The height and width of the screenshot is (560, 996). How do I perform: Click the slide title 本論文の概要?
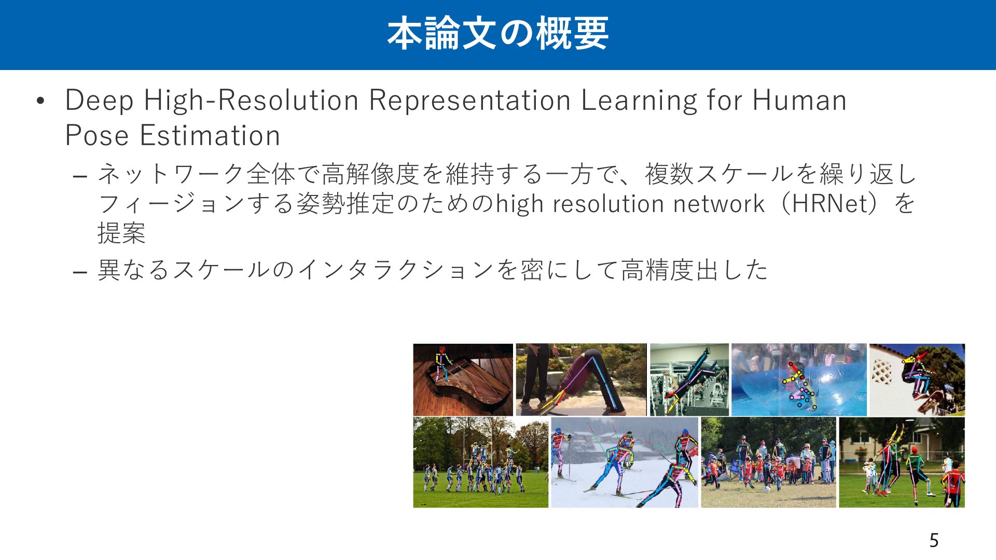coord(498,34)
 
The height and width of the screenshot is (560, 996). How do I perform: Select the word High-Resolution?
coord(251,100)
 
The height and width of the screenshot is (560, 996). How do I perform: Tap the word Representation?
coord(470,100)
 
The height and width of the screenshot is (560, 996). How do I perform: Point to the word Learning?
coord(639,100)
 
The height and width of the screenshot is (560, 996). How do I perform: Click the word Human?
coord(799,100)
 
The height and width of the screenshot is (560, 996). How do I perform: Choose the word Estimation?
coord(210,136)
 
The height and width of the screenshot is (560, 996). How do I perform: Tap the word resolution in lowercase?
coord(607,204)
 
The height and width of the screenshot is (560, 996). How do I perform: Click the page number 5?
coord(934,541)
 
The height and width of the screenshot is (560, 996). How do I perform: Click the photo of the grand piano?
coord(463,380)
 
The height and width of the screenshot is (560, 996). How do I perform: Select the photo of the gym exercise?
coord(689,380)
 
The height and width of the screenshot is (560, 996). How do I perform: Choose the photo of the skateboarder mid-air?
coord(917,380)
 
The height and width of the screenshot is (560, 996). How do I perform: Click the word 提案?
coord(122,233)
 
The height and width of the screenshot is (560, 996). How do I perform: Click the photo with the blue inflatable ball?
coord(799,380)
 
